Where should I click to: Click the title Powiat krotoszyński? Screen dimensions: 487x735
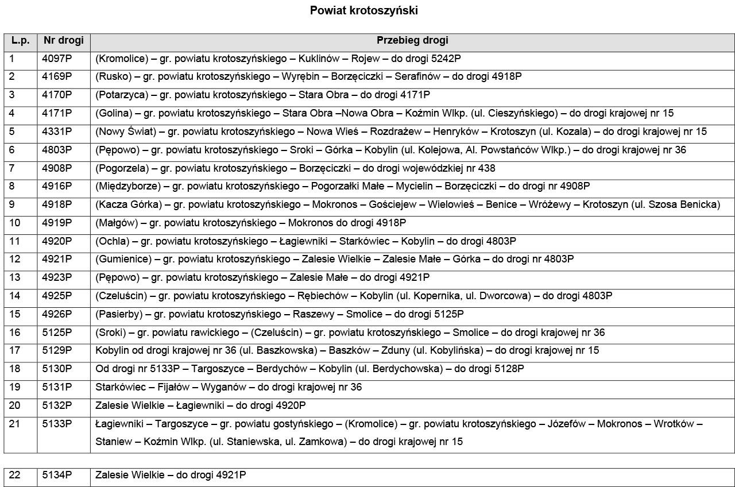363,10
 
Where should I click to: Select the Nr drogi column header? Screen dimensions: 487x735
63,40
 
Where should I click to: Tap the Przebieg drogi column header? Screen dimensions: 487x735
412,40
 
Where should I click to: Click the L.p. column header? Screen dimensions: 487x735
20,40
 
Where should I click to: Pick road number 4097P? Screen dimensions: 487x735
57,58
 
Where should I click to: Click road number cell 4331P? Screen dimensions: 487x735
57,132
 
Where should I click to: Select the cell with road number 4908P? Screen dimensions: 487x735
57,168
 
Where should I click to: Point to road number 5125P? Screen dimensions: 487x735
57,333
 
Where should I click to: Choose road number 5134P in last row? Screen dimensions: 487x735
57,476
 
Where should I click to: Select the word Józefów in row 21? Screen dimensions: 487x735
567,424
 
